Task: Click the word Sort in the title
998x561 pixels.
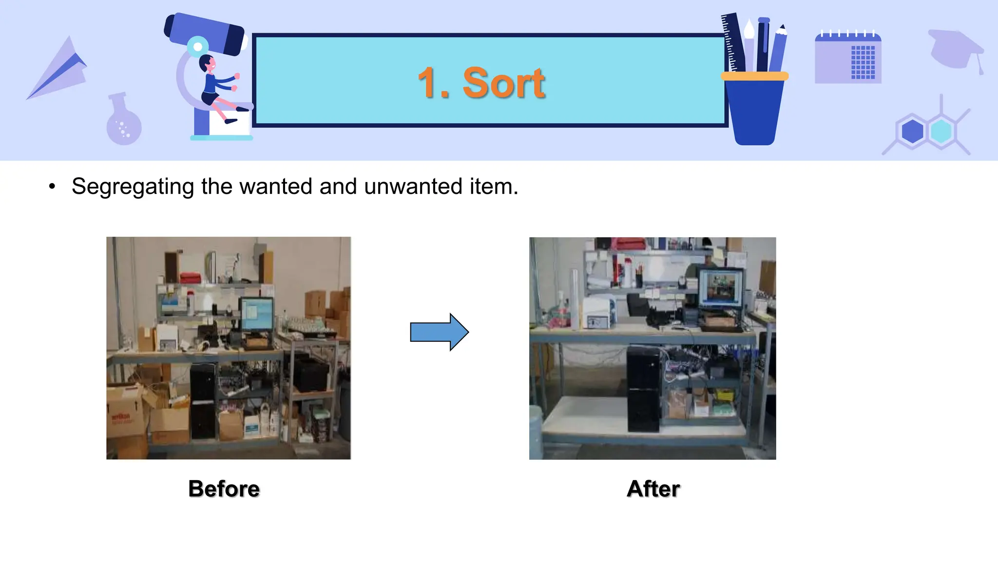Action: click(503, 83)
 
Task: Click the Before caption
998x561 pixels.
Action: click(224, 488)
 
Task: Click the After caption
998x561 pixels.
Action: click(653, 488)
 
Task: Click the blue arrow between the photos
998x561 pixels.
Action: click(439, 332)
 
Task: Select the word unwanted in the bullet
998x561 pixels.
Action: click(413, 187)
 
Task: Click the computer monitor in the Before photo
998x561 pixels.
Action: click(257, 314)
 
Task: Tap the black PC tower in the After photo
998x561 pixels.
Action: click(643, 390)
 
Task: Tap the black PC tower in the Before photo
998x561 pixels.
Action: click(203, 402)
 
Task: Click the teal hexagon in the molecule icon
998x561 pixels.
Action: click(940, 131)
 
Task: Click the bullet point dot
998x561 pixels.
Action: click(52, 187)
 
